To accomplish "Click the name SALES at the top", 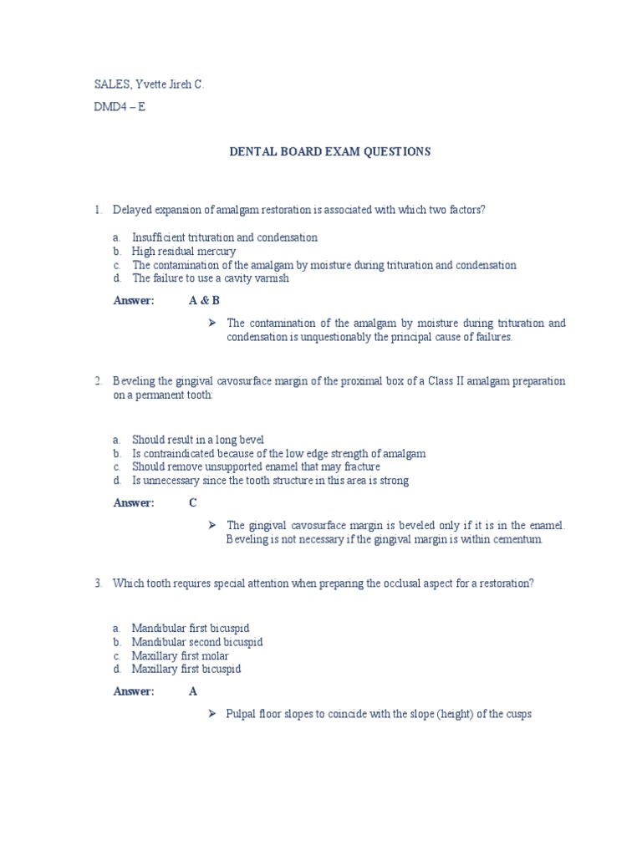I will click(x=110, y=85).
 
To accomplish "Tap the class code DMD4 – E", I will click(x=120, y=107).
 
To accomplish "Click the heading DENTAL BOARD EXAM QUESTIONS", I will click(x=330, y=151).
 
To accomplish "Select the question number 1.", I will click(x=98, y=210).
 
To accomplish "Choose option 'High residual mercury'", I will click(x=184, y=251).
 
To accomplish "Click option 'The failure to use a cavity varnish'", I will click(x=211, y=278).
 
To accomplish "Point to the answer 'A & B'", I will click(x=204, y=301).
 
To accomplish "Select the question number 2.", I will click(x=98, y=381).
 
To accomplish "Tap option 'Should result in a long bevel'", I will click(x=198, y=440).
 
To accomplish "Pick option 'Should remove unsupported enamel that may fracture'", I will click(x=256, y=466).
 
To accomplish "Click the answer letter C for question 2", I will click(x=193, y=502).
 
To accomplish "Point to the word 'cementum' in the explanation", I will click(x=520, y=539).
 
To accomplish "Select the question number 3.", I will click(x=98, y=583).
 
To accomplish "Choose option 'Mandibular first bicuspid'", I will click(x=191, y=628).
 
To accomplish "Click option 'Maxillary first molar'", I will click(x=180, y=655).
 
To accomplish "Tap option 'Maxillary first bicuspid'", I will click(x=186, y=669).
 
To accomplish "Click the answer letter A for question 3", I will click(x=193, y=691).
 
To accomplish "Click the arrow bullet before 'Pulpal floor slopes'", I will click(x=212, y=714).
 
